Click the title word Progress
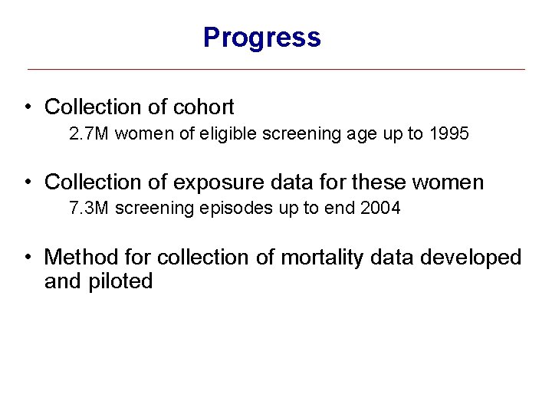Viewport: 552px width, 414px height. pyautogui.click(x=261, y=37)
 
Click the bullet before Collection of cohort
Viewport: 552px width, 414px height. pyautogui.click(x=28, y=107)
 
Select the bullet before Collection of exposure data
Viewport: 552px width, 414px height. pyautogui.click(x=28, y=182)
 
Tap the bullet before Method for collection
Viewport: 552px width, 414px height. pyautogui.click(x=28, y=258)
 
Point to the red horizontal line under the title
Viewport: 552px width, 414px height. pyautogui.click(x=276, y=70)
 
